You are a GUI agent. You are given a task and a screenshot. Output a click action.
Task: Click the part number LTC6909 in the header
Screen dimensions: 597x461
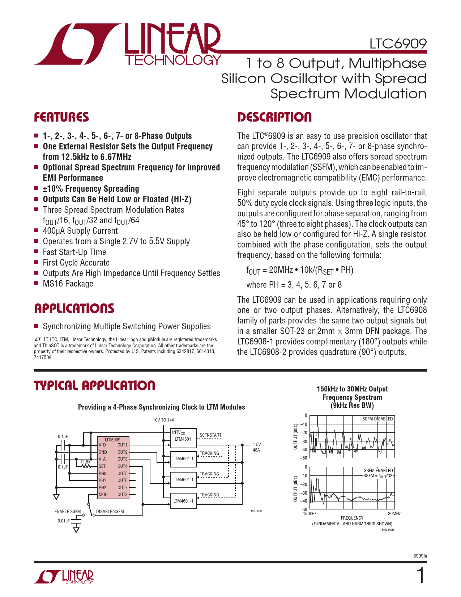click(x=398, y=44)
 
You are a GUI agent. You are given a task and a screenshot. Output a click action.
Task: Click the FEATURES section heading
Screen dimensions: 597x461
click(x=61, y=117)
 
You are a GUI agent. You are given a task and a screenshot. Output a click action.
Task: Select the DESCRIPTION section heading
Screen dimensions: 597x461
click(x=274, y=117)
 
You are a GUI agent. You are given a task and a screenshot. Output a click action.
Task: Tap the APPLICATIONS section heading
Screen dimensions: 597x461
click(x=74, y=309)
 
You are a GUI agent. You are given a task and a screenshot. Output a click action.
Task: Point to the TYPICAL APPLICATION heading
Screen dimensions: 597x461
click(x=94, y=386)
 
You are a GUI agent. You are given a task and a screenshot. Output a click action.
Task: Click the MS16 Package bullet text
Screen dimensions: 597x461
click(x=68, y=284)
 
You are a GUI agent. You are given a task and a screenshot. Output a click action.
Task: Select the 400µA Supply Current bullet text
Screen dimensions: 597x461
click(x=80, y=231)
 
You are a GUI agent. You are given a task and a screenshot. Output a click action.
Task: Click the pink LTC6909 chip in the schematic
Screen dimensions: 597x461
click(x=113, y=470)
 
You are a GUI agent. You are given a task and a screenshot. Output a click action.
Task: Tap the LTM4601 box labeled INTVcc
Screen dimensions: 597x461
click(x=183, y=437)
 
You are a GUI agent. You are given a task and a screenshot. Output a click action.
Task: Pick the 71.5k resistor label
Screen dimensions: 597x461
click(x=85, y=462)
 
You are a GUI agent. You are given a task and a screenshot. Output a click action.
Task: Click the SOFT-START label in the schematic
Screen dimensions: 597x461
click(x=210, y=435)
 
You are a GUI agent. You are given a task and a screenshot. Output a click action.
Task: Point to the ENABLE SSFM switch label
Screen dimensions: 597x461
click(x=68, y=512)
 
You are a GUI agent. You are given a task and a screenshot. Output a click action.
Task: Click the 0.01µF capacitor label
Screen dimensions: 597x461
click(x=64, y=521)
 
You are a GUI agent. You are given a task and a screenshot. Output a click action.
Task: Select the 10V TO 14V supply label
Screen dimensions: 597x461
click(x=163, y=420)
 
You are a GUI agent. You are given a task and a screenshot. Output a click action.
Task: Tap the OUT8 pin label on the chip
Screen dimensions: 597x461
click(x=122, y=495)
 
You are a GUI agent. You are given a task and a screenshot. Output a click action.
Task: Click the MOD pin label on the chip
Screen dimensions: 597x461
click(x=103, y=495)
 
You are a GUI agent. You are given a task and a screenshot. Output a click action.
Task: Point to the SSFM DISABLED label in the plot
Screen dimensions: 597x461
click(x=377, y=419)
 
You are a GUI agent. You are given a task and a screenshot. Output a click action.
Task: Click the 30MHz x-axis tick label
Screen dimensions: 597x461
click(x=394, y=514)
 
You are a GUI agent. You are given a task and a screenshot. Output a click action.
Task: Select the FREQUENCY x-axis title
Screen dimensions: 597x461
click(x=352, y=518)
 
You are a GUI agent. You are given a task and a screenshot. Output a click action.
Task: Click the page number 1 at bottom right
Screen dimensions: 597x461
click(x=421, y=575)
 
